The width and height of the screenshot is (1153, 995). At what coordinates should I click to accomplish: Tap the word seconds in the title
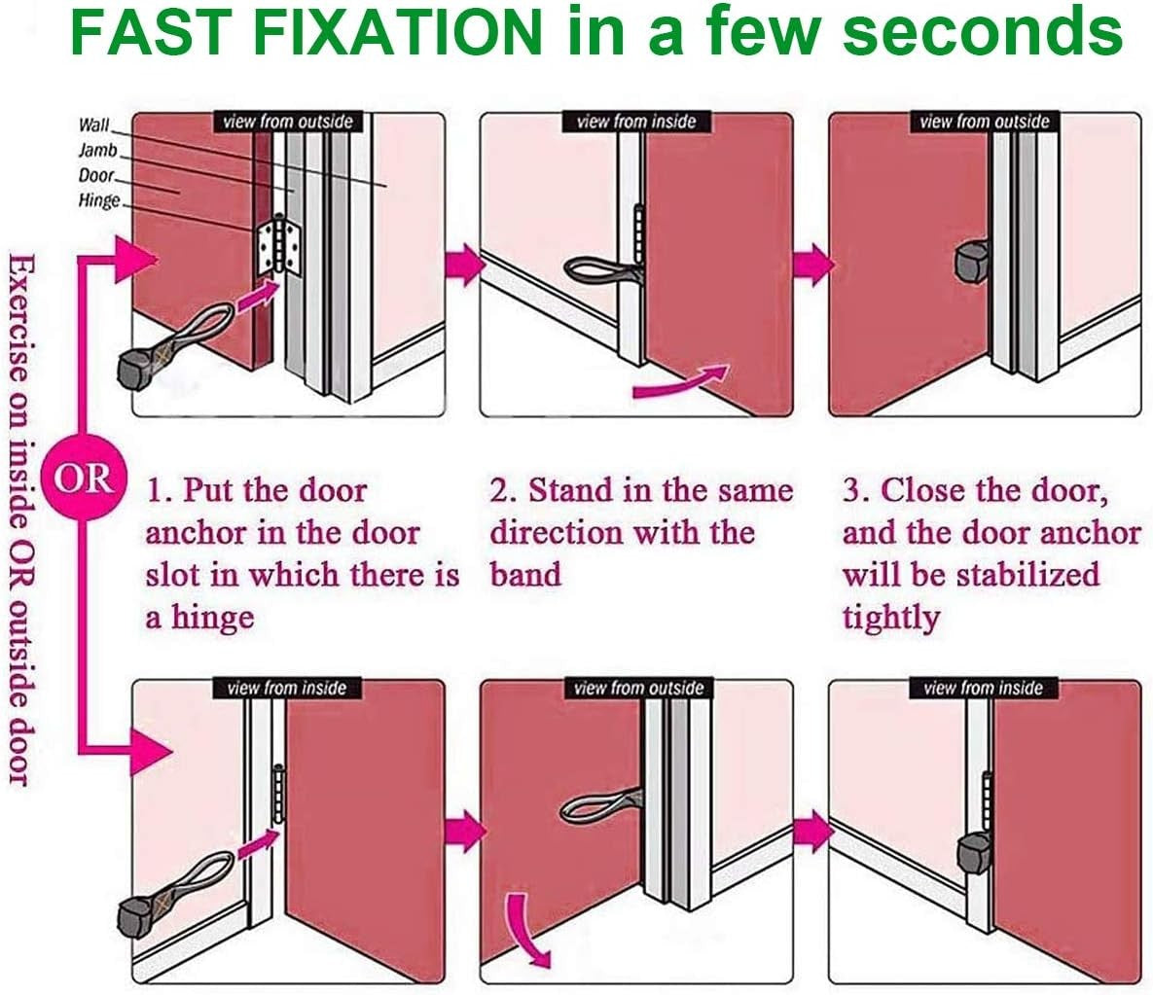click(x=983, y=32)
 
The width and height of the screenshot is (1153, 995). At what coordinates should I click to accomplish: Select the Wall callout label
click(x=94, y=124)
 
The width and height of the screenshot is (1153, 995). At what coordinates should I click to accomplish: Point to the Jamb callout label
click(x=98, y=150)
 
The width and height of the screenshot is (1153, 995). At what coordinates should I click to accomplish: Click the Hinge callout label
click(x=98, y=200)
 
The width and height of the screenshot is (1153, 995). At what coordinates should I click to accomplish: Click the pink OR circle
click(x=84, y=480)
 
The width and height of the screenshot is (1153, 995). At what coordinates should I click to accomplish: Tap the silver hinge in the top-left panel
click(x=278, y=246)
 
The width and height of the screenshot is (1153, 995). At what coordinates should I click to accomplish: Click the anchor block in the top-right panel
click(x=971, y=262)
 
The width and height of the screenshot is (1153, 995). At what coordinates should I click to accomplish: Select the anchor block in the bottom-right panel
click(x=975, y=854)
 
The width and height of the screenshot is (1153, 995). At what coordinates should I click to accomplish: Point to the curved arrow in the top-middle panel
click(x=680, y=382)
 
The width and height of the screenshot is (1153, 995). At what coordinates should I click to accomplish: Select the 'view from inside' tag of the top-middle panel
click(x=636, y=122)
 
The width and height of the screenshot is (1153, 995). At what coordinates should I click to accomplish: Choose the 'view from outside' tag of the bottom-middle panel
click(x=638, y=689)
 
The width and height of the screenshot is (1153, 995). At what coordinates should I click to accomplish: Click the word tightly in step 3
click(x=891, y=618)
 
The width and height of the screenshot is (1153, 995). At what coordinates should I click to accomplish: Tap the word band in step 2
click(x=525, y=575)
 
